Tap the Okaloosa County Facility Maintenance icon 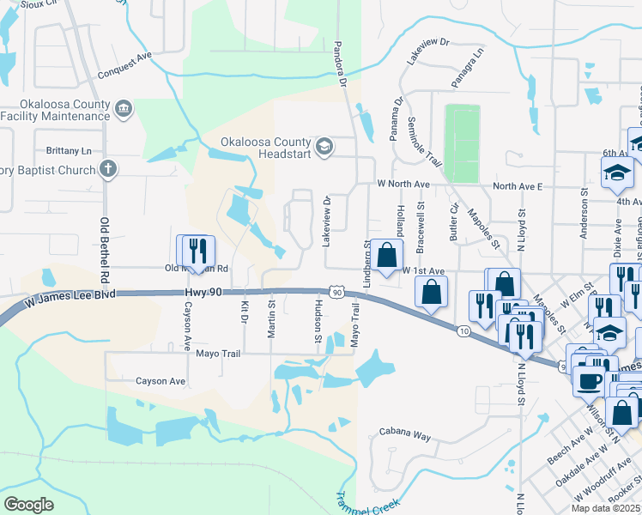[x=124, y=110]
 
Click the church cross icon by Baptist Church [x=107, y=169]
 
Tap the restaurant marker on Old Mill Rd [x=197, y=251]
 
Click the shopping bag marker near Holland [x=388, y=254]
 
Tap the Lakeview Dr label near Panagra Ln [x=428, y=54]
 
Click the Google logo [x=27, y=504]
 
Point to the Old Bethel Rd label [x=106, y=249]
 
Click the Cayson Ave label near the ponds [x=160, y=381]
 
